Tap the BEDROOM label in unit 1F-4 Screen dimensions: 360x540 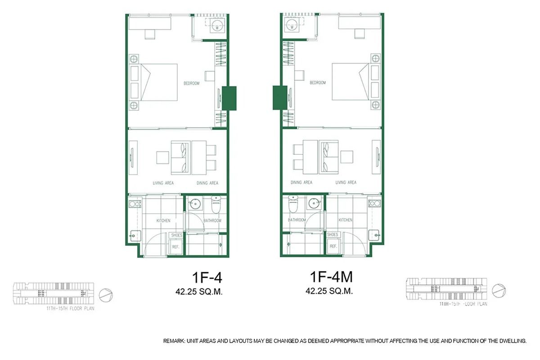tap(191, 83)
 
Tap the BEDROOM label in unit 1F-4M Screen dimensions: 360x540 tap(317, 83)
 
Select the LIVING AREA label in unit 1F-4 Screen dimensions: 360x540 tap(162, 183)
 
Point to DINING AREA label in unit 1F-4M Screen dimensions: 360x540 tap(301, 182)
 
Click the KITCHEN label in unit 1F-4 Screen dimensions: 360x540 tap(163, 220)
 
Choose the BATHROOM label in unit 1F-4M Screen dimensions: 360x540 tap(297, 220)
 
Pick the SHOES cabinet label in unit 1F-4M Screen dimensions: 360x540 tap(333, 234)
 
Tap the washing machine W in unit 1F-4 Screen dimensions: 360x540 tap(217, 27)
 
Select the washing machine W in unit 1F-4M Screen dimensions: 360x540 tap(292, 27)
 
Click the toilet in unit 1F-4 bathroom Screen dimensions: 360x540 tap(216, 206)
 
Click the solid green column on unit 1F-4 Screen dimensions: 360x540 tap(229, 98)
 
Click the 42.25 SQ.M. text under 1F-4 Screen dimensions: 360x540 tap(199, 291)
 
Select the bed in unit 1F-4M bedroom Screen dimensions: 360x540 tap(350, 82)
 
